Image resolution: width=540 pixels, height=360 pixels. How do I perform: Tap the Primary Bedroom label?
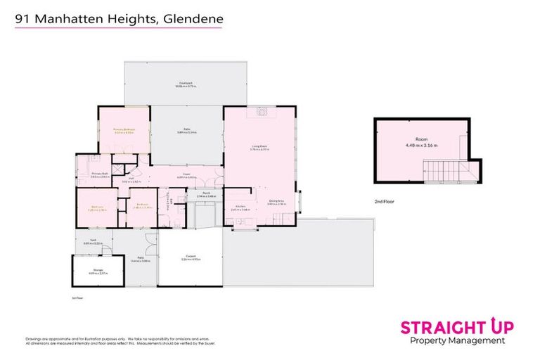click(x=124, y=130)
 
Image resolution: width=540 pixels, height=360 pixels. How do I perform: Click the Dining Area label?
click(x=278, y=203)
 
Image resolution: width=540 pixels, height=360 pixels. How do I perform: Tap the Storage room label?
click(x=98, y=271)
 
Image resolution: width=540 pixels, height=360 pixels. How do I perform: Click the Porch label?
click(x=207, y=194)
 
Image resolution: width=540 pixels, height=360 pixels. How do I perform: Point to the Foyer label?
click(x=187, y=176)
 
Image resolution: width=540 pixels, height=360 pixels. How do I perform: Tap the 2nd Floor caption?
click(x=383, y=202)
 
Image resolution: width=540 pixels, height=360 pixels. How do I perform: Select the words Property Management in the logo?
click(x=457, y=341)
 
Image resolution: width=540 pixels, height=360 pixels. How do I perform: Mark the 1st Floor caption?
click(x=77, y=297)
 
